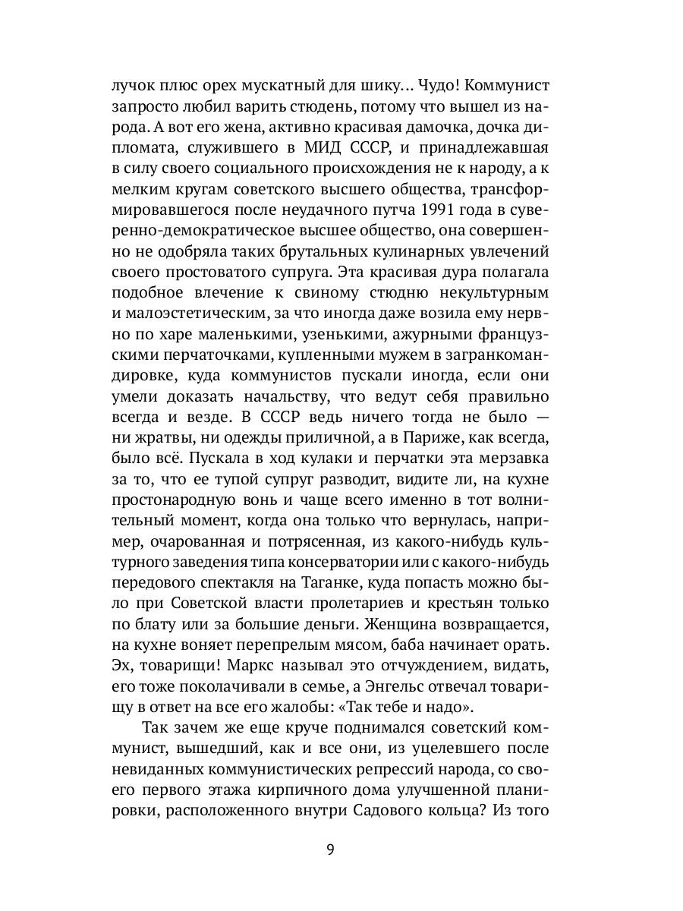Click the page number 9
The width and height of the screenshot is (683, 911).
pos(330,850)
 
